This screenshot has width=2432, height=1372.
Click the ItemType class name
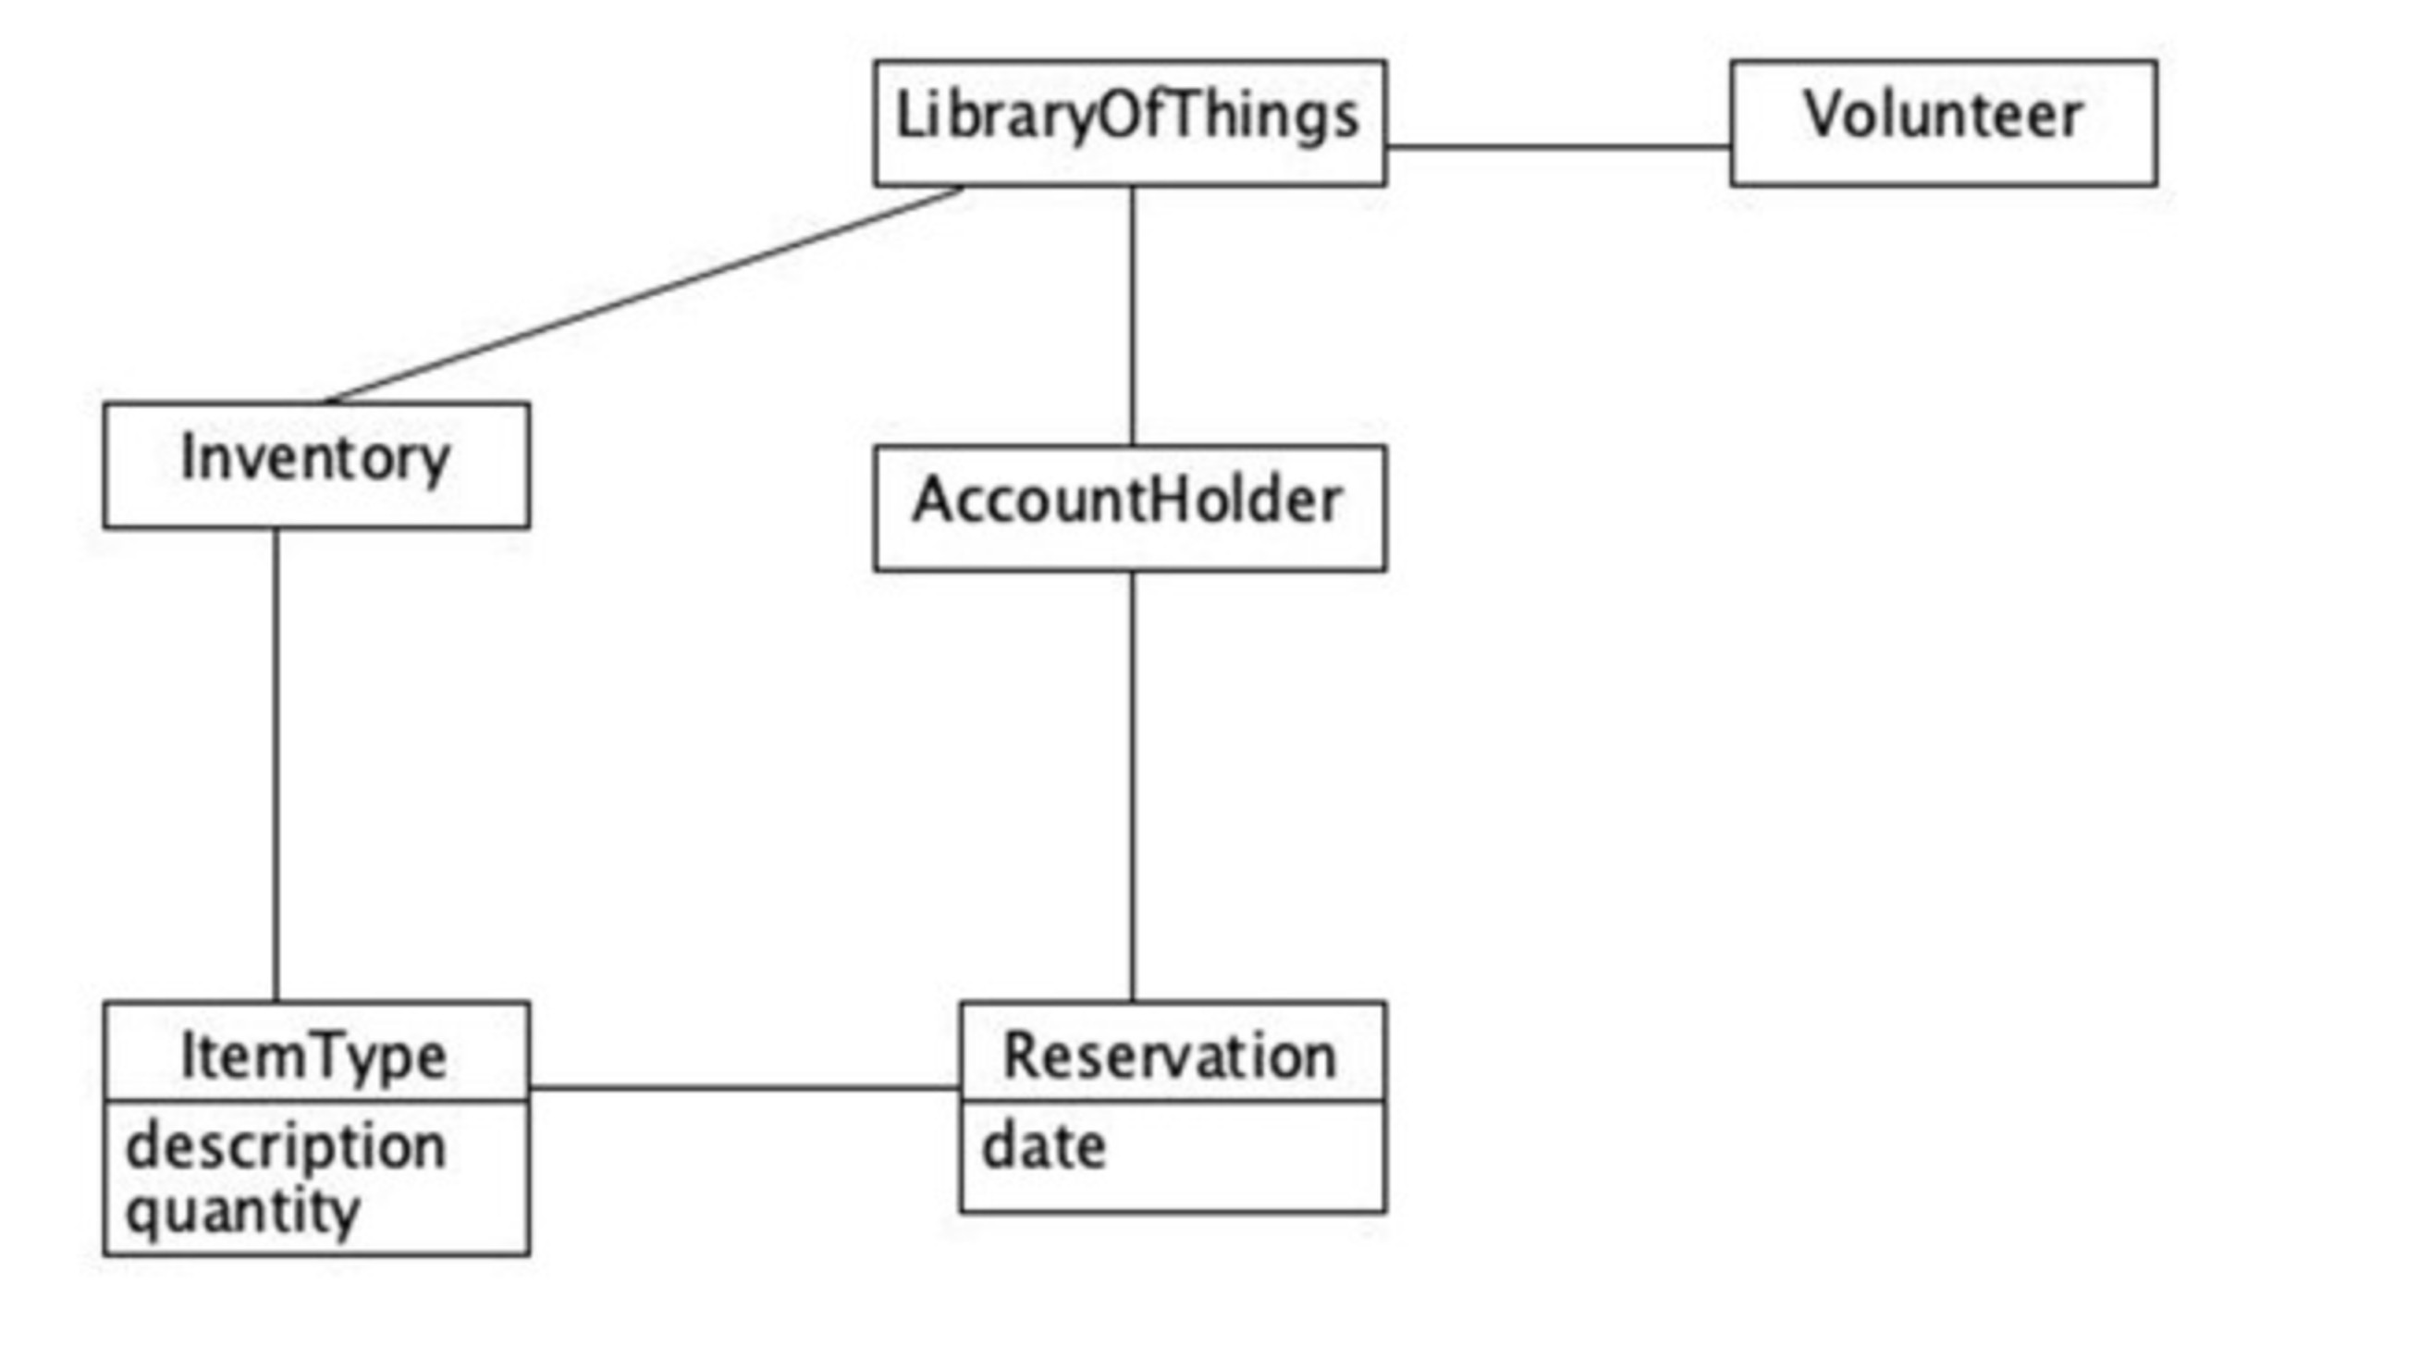click(x=314, y=1056)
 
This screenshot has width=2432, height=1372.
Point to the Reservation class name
click(x=1171, y=1056)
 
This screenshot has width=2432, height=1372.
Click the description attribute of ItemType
click(x=285, y=1146)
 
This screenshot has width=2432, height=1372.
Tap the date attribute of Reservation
click(x=1043, y=1146)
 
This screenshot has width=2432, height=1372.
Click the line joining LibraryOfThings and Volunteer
click(x=1558, y=146)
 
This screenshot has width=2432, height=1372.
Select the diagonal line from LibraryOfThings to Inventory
click(x=642, y=295)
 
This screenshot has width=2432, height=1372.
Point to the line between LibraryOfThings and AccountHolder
click(x=1132, y=316)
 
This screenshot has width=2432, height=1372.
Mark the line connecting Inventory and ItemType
click(x=276, y=765)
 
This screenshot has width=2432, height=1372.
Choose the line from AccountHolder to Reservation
click(x=1132, y=785)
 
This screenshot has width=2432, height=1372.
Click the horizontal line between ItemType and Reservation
click(x=744, y=1088)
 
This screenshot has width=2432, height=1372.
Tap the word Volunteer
click(x=1943, y=116)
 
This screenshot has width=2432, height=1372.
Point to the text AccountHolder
click(x=1127, y=501)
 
